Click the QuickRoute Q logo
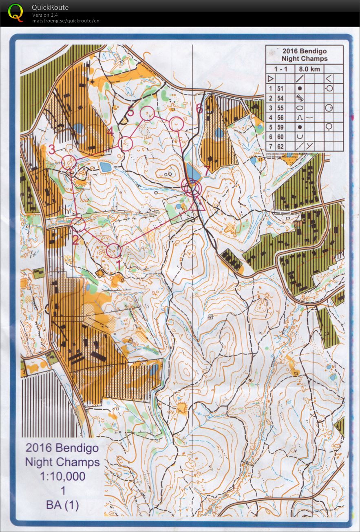click(x=16, y=12)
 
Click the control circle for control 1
click(x=114, y=250)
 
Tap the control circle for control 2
click(x=78, y=224)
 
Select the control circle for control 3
click(x=68, y=162)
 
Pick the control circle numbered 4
click(x=126, y=143)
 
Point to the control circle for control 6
click(x=177, y=124)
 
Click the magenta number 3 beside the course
click(x=51, y=149)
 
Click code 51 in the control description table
click(x=280, y=88)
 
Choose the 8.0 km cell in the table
click(x=309, y=69)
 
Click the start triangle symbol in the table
click(x=270, y=78)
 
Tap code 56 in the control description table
click(x=280, y=117)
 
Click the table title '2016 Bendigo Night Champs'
click(x=305, y=55)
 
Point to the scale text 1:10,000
click(x=62, y=476)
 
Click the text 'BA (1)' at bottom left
click(x=62, y=505)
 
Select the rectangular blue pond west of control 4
click(x=105, y=167)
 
